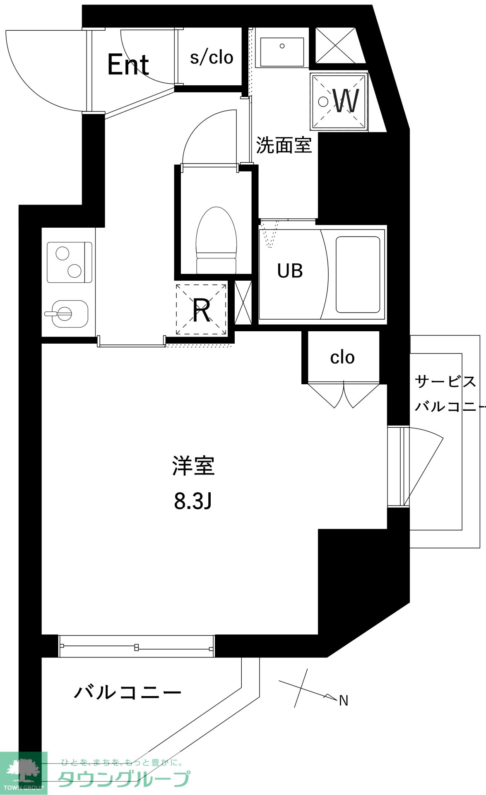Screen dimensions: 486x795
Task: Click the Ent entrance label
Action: pyautogui.click(x=128, y=65)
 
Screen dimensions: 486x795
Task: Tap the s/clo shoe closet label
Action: pyautogui.click(x=212, y=57)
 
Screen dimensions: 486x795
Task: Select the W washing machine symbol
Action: pyautogui.click(x=339, y=101)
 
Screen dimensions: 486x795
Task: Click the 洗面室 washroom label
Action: pyautogui.click(x=284, y=145)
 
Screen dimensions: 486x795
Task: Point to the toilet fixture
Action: pyautogui.click(x=217, y=240)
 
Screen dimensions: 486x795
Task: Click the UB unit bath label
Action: pyautogui.click(x=290, y=271)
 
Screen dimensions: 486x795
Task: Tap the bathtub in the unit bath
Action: pyautogui.click(x=358, y=275)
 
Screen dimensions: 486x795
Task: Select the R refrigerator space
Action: pyautogui.click(x=202, y=309)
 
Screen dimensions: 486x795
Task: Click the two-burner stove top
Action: pyautogui.click(x=69, y=263)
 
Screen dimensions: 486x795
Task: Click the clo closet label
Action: pyautogui.click(x=342, y=357)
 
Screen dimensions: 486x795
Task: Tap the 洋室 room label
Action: pyautogui.click(x=193, y=465)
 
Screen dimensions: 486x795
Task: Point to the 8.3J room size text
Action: pyautogui.click(x=193, y=501)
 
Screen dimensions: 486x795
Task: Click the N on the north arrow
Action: pyautogui.click(x=344, y=701)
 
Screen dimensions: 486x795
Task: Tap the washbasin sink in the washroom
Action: pyautogui.click(x=282, y=53)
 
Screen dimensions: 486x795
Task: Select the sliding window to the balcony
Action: pyautogui.click(x=137, y=646)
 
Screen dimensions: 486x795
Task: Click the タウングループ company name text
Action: pyautogui.click(x=124, y=780)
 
